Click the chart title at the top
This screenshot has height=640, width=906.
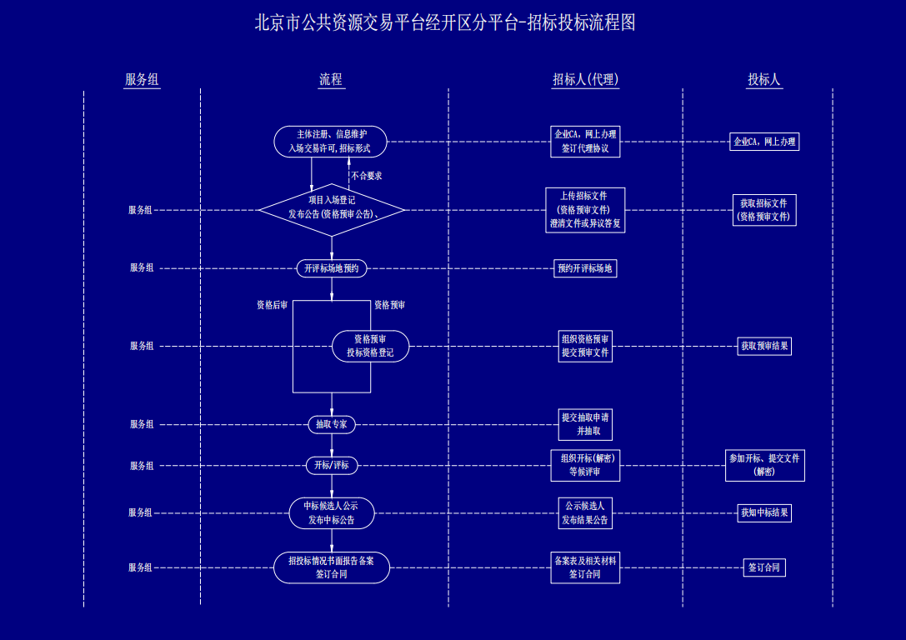[445, 22]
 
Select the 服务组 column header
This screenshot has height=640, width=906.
[142, 80]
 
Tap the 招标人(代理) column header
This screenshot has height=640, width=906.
[585, 80]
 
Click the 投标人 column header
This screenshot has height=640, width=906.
[763, 80]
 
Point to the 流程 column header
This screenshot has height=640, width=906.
[331, 80]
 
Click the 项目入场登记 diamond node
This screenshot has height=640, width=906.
[332, 208]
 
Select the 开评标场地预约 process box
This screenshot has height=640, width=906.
[332, 268]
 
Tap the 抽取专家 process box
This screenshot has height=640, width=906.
[332, 424]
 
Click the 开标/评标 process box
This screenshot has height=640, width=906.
[332, 466]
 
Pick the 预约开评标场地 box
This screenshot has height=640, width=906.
[585, 268]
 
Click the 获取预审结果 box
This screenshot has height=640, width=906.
[763, 346]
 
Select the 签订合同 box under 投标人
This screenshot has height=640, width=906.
[763, 567]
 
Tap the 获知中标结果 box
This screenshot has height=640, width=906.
[763, 512]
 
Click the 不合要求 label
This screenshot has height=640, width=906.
[367, 176]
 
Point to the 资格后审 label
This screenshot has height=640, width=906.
[272, 305]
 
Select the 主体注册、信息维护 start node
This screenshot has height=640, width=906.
[331, 142]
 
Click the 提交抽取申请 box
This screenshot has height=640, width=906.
[585, 424]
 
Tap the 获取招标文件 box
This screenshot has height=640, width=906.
[763, 210]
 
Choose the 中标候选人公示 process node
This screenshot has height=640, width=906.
[332, 512]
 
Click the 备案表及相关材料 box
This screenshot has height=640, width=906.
[585, 567]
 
